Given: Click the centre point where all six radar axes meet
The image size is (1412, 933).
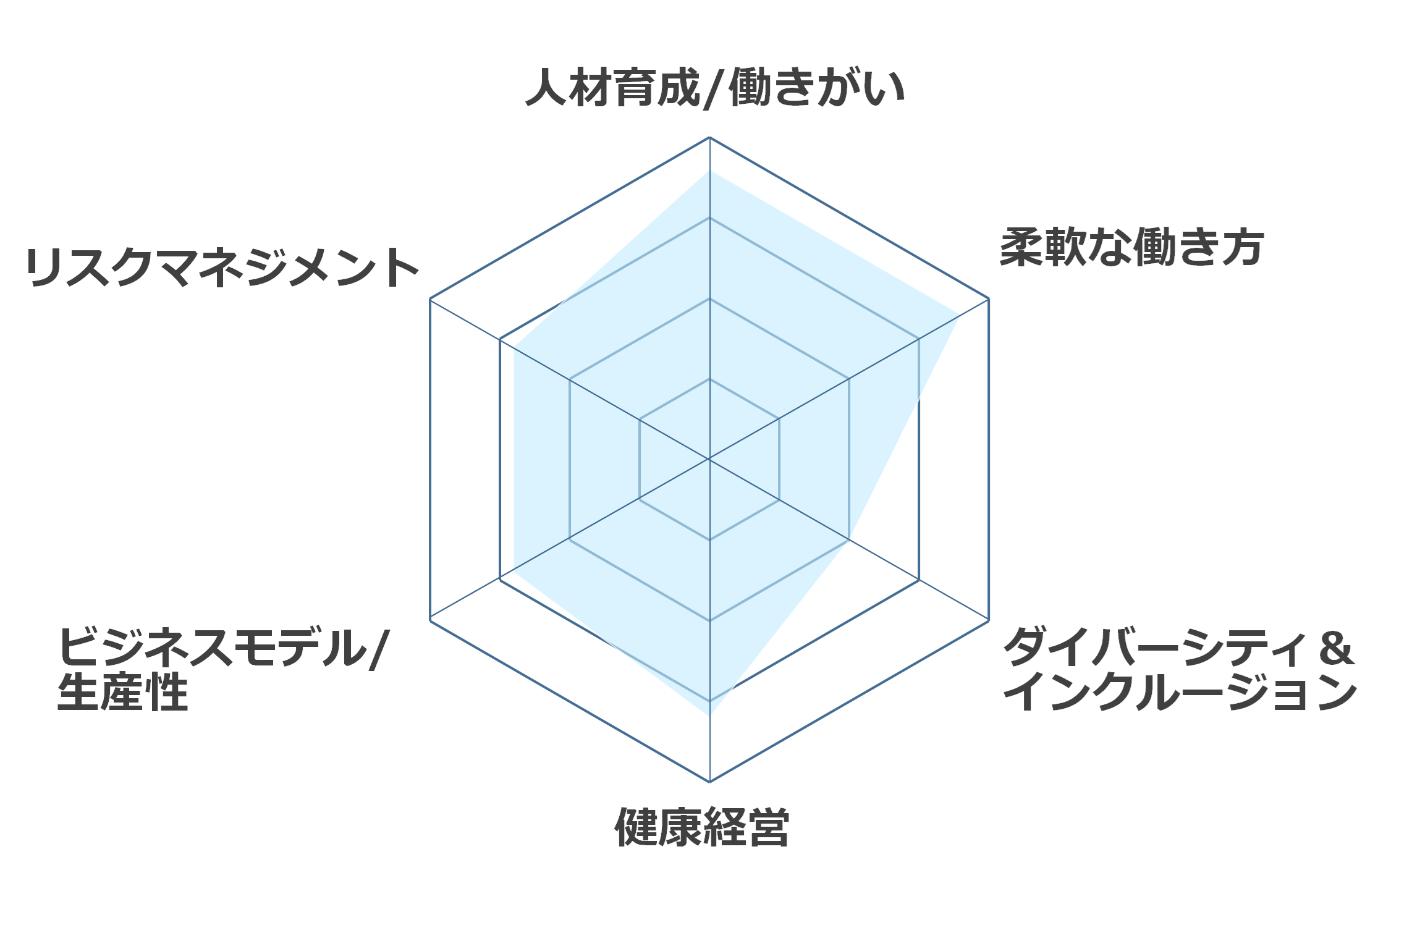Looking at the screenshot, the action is [709, 459].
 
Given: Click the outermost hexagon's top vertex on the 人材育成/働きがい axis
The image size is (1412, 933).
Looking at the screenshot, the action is [709, 137].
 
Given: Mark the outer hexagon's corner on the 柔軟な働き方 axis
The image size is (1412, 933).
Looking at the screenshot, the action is [989, 299].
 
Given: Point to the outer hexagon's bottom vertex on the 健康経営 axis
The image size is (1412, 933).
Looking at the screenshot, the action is [709, 782].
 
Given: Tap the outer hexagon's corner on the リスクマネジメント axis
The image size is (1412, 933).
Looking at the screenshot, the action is [430, 299].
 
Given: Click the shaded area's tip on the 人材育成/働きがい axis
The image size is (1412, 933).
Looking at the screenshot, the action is [709, 171].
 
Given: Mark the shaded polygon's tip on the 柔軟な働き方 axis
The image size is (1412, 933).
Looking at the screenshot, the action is [959, 316].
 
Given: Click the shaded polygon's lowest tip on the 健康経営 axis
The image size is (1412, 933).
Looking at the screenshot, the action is [709, 716].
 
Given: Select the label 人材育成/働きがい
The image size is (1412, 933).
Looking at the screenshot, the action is [715, 88].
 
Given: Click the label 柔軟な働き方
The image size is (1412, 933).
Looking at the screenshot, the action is [1131, 248].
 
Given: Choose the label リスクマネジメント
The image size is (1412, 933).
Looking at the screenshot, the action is [222, 268].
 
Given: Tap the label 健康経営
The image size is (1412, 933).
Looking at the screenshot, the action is [702, 827].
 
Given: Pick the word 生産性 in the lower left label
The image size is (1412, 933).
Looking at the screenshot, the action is [122, 692].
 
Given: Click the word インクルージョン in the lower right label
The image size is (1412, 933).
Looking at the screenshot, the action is [1180, 691].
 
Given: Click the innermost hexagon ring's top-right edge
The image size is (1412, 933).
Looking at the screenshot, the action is [745, 399].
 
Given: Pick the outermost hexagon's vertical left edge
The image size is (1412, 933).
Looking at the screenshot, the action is [430, 459].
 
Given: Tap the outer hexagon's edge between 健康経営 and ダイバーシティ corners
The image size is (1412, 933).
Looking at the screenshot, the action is [849, 701].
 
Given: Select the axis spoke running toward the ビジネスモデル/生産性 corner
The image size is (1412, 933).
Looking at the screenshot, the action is [570, 539].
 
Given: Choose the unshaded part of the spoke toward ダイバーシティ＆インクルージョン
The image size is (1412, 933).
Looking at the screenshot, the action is [919, 580].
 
